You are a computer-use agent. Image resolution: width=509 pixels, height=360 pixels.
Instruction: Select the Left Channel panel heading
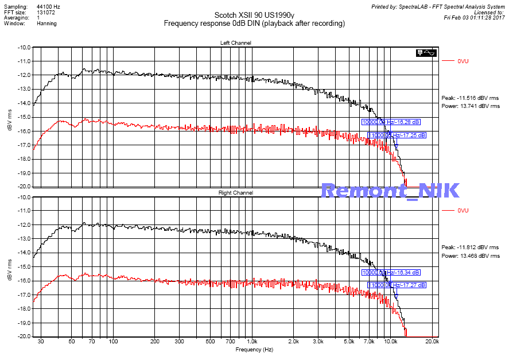(x=235, y=43)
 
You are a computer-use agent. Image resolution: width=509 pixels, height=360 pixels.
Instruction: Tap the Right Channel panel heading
(x=235, y=193)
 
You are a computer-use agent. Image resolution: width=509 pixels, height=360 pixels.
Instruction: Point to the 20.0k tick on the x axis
(x=432, y=341)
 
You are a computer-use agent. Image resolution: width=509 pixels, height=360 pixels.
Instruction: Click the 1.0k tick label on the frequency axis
(x=252, y=341)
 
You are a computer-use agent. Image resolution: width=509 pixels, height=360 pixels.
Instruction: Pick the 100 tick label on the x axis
(x=113, y=341)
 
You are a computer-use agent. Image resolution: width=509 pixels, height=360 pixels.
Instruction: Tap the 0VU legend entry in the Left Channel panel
(x=463, y=61)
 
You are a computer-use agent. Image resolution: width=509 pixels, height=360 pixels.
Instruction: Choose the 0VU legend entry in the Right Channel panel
(x=463, y=211)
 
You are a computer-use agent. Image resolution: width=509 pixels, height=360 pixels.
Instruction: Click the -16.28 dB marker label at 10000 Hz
(x=390, y=122)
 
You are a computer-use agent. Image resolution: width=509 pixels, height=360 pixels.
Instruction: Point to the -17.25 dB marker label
(x=397, y=136)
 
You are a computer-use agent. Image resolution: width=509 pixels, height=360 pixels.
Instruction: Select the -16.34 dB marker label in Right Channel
(x=390, y=272)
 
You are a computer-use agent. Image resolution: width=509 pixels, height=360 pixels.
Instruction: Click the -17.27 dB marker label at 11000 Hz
(x=397, y=285)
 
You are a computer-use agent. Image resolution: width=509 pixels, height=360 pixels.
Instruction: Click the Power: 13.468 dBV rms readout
(x=470, y=256)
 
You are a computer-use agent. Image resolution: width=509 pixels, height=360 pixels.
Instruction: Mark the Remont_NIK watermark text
(x=390, y=191)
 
